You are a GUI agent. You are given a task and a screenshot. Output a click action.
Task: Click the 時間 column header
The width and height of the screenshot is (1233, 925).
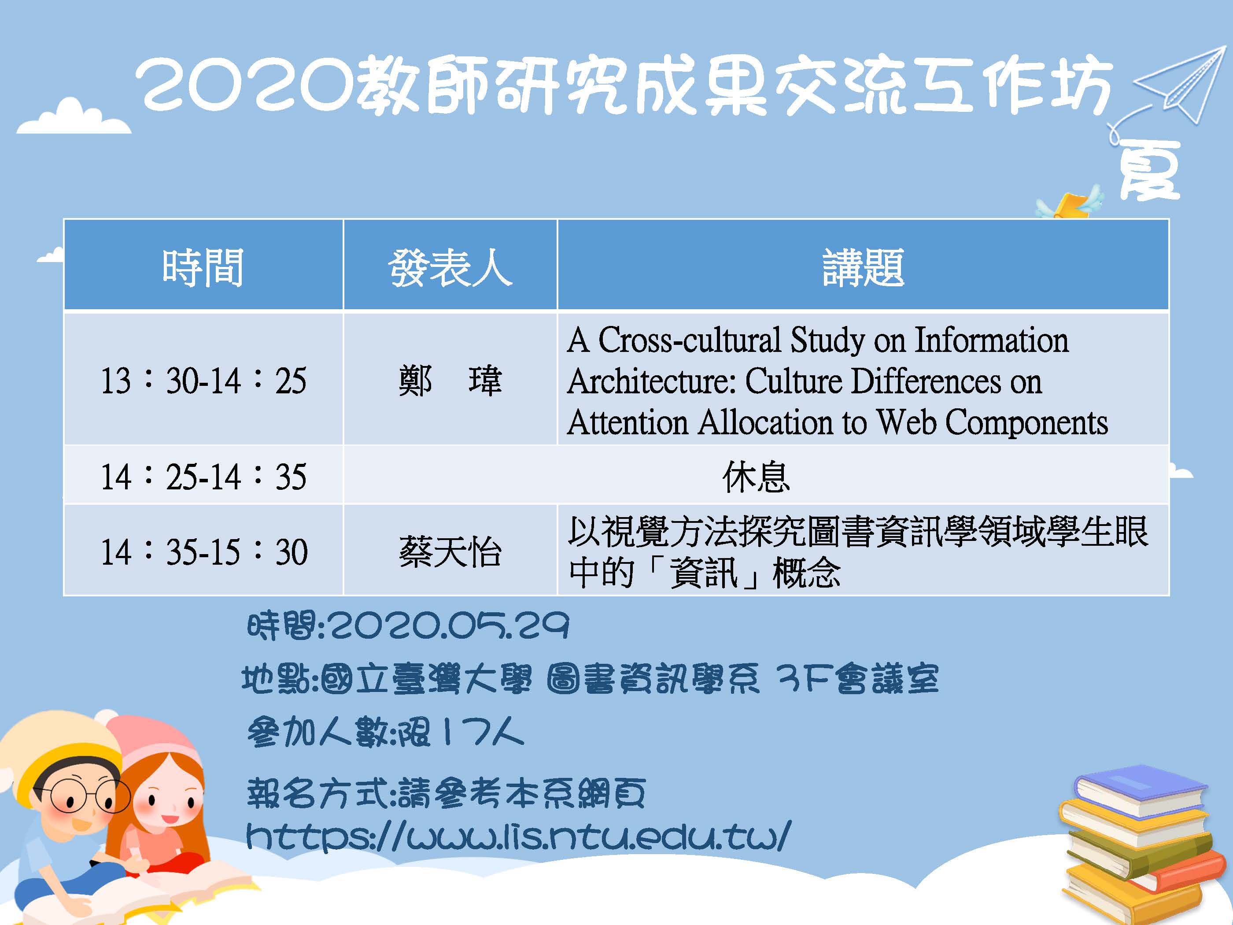203,268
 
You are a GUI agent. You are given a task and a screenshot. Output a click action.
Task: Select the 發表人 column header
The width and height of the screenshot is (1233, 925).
450,268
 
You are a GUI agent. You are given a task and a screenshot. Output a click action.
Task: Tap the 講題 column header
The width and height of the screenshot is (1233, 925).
863,268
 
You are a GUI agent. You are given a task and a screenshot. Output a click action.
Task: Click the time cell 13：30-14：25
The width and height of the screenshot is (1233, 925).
203,381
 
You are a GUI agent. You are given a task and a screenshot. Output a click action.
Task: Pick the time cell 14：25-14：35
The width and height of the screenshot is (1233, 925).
203,477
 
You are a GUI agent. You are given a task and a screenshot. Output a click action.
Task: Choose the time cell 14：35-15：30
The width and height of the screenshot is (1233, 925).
203,551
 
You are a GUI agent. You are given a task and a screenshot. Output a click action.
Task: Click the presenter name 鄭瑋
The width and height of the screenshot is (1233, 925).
450,381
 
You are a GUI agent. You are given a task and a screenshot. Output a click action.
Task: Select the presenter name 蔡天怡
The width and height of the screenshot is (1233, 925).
450,552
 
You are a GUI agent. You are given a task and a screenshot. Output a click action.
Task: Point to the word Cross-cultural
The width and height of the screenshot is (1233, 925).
690,340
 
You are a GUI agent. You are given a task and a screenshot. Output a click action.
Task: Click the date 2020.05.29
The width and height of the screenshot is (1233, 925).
449,625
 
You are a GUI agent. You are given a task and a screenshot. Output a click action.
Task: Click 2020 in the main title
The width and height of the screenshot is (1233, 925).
245,85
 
